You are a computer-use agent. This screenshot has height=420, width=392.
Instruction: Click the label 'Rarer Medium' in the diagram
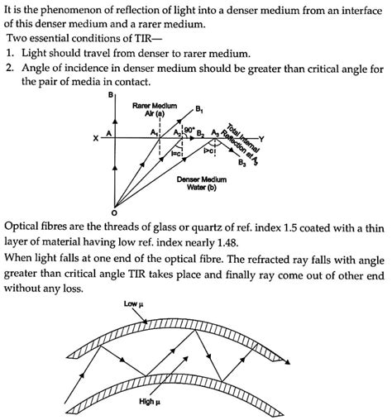pyautogui.click(x=155, y=106)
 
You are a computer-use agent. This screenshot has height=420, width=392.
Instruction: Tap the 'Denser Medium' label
pyautogui.click(x=201, y=178)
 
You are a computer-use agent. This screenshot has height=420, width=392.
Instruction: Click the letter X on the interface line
pyautogui.click(x=97, y=137)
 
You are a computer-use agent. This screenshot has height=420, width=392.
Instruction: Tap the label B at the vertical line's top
pyautogui.click(x=111, y=96)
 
